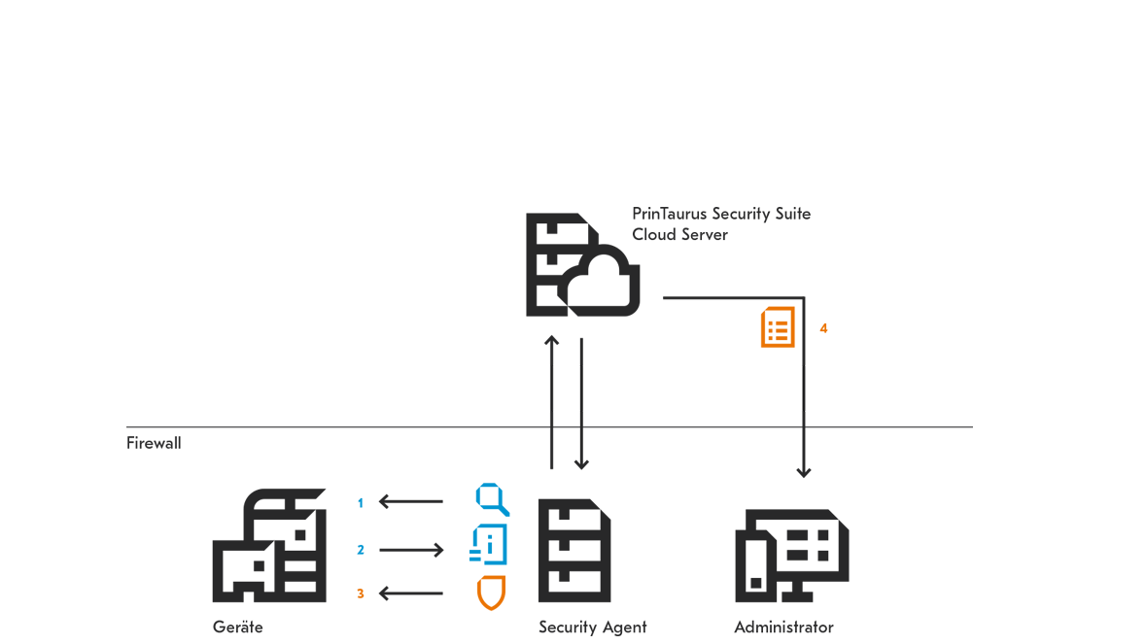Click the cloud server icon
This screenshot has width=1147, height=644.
[582, 264]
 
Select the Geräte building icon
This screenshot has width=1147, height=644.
[269, 545]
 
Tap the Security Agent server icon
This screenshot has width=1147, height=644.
[574, 551]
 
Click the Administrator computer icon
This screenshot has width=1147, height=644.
[791, 556]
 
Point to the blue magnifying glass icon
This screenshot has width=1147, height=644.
[492, 499]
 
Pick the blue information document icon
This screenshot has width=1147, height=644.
[489, 545]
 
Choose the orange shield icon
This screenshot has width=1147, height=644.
[492, 593]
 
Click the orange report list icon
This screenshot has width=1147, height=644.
[778, 326]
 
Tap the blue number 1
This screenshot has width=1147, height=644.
[360, 503]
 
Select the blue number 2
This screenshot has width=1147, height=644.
[361, 550]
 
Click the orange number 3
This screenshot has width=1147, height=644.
[361, 593]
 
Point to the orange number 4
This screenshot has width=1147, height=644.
[823, 328]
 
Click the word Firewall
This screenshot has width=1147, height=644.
[154, 443]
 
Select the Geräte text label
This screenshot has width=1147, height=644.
[238, 627]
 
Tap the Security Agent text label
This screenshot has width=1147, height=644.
[593, 627]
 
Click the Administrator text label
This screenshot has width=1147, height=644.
[784, 627]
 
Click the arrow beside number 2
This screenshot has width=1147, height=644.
[411, 550]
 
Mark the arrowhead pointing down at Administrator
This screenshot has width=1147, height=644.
[804, 472]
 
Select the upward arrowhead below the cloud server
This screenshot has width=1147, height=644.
[551, 341]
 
